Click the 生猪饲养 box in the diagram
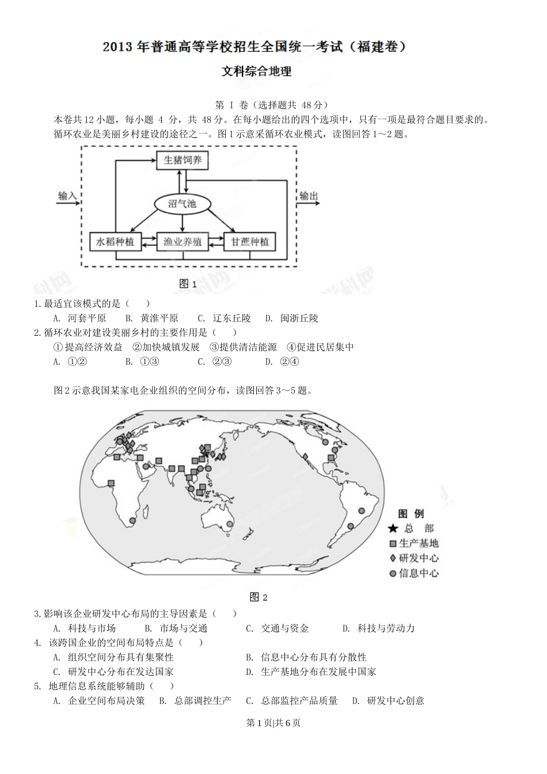pyautogui.click(x=183, y=160)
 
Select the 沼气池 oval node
pyautogui.click(x=182, y=203)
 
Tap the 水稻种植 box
pyautogui.click(x=115, y=242)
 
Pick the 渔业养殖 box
pyautogui.click(x=183, y=242)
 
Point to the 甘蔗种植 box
pyautogui.click(x=250, y=242)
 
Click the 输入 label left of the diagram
pyautogui.click(x=67, y=196)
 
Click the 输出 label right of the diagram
pyautogui.click(x=308, y=196)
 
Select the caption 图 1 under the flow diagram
pyautogui.click(x=188, y=283)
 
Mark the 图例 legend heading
pyautogui.click(x=411, y=514)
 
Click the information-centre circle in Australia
pyautogui.click(x=229, y=524)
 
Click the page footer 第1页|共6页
pyautogui.click(x=273, y=723)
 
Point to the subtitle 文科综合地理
pyautogui.click(x=257, y=71)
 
